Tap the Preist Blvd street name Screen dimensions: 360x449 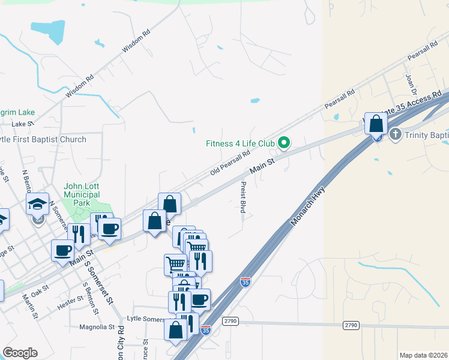243,197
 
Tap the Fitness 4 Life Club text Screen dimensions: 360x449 240,143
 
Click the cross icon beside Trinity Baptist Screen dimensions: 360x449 396,134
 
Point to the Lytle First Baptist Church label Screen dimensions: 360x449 44,139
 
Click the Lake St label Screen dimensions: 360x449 23,124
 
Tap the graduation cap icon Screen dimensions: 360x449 37,204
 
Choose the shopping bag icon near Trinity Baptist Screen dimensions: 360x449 376,124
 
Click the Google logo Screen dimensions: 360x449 20,353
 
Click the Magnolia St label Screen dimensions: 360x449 97,327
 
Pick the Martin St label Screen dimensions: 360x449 31,305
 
